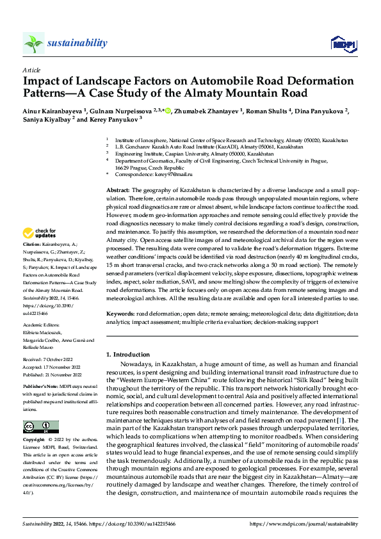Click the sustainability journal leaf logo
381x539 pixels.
[x=33, y=43]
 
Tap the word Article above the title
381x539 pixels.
[x=31, y=70]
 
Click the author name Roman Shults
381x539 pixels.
[x=269, y=111]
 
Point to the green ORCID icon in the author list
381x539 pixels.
[x=168, y=111]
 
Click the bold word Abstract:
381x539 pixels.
[x=118, y=191]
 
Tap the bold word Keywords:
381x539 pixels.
[x=120, y=314]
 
